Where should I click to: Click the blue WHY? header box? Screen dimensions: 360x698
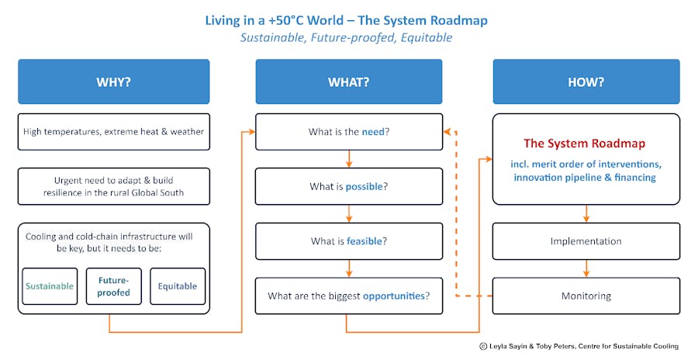(113, 82)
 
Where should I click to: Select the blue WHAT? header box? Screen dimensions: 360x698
(348, 82)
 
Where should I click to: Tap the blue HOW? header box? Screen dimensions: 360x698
(586, 82)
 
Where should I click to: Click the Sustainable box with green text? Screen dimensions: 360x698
(50, 286)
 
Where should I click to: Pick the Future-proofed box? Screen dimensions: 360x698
(113, 286)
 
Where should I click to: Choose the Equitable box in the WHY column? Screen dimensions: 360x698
(178, 286)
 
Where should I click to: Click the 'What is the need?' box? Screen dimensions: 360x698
(348, 132)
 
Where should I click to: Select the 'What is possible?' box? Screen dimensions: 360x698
(348, 187)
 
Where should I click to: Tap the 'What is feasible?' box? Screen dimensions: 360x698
(348, 241)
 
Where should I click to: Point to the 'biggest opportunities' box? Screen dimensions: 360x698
(348, 296)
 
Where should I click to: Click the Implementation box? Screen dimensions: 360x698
(586, 241)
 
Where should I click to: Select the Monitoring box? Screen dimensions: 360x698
(586, 296)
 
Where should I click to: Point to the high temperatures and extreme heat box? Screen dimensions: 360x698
(113, 132)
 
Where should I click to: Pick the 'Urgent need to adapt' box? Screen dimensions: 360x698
(113, 187)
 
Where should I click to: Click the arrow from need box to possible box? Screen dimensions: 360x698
(349, 159)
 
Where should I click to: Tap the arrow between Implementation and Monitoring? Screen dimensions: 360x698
(586, 268)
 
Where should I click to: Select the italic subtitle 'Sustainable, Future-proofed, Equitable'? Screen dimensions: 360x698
(346, 37)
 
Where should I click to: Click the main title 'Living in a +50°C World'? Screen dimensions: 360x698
(346, 19)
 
